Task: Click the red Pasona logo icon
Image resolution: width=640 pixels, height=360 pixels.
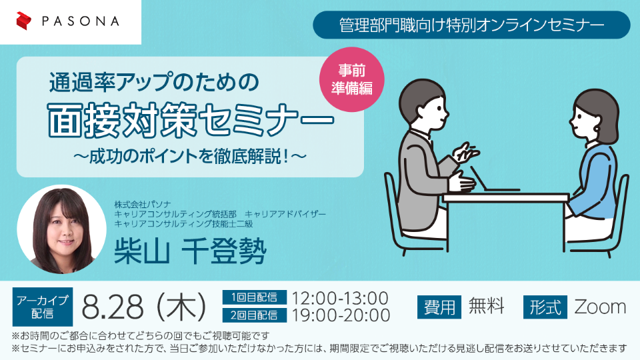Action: pos(24,21)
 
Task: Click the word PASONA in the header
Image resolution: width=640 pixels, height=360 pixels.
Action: pos(81,21)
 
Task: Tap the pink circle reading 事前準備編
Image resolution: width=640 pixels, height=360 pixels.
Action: pos(352,79)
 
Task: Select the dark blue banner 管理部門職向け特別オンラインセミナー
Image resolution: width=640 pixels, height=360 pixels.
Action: pos(471,25)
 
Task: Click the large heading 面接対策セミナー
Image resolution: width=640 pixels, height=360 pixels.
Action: pos(191,120)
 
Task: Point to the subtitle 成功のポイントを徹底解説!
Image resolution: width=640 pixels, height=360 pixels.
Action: pos(190,156)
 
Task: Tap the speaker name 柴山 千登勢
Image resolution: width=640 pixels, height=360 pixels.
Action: pos(190,250)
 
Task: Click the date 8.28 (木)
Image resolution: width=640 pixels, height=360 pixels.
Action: pos(144,307)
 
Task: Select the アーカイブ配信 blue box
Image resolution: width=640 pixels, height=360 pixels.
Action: pos(43,307)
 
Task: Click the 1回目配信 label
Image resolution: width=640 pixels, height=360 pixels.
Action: pos(254,297)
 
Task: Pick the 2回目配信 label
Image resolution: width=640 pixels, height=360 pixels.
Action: pos(254,315)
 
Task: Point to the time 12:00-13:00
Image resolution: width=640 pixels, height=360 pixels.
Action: pos(339,298)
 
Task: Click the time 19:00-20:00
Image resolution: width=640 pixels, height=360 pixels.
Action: pos(341,315)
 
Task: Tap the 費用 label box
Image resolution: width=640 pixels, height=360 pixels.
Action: pos(439,307)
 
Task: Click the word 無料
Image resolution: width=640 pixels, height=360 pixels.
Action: pos(487,306)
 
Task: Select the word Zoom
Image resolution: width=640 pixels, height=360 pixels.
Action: pos(600,307)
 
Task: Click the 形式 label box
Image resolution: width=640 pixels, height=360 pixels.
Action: pos(545,307)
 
